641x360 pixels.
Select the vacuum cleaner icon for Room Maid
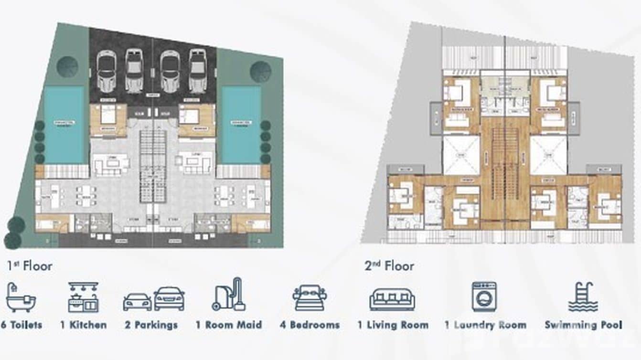pos(229,295)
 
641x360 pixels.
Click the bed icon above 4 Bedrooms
pos(310,298)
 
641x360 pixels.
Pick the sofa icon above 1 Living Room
pos(392,299)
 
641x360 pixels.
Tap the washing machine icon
pos(484,297)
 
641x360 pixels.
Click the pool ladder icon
pos(583,297)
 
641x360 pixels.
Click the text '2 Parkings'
pos(151,325)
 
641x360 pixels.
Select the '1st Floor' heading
pos(30,266)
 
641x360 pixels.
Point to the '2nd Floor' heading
pos(389,266)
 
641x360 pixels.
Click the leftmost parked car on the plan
pos(106,71)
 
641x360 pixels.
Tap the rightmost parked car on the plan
pos(197,71)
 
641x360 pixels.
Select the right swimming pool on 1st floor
pos(238,124)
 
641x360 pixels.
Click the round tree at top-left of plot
pos(67,67)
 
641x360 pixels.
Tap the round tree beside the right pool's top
pos(260,72)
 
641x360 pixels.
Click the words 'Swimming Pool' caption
pos(583,325)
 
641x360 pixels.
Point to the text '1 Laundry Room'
pos(485,325)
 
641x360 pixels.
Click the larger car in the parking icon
pos(169,299)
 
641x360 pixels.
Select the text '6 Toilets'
pos(22,325)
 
